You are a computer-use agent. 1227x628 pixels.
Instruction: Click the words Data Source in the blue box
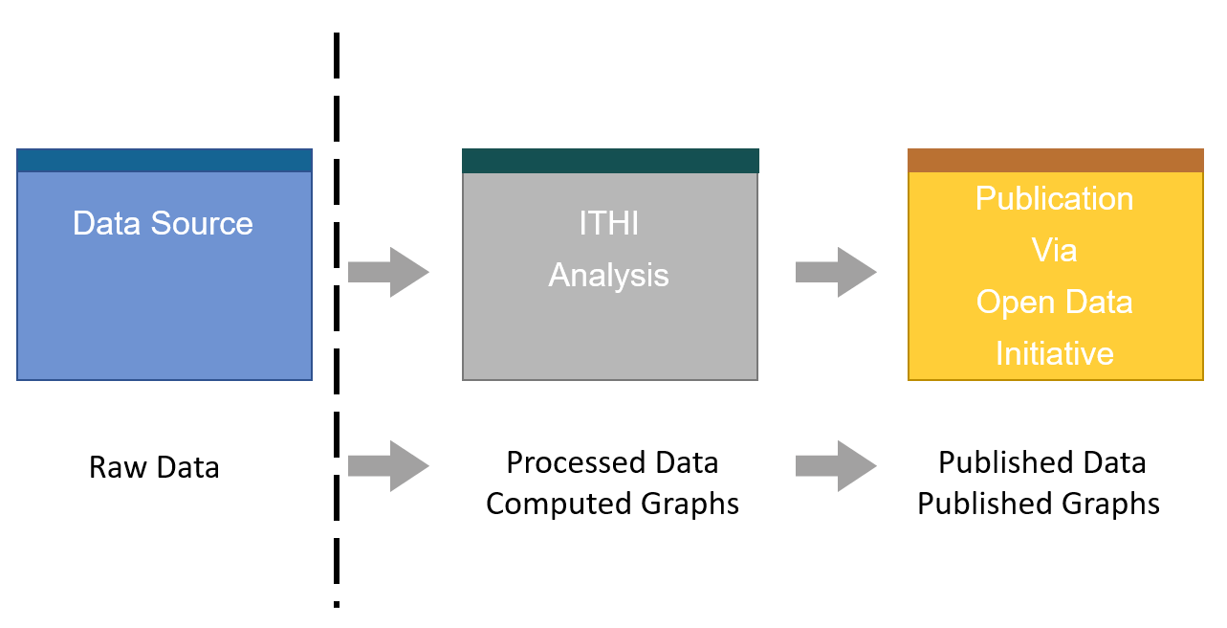(163, 224)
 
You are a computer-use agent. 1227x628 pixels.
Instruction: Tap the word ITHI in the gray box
(609, 224)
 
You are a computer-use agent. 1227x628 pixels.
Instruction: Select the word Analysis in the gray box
(609, 276)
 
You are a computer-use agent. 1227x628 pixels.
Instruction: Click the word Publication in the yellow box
(1054, 199)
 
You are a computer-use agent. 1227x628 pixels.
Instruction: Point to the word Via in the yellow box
(1054, 251)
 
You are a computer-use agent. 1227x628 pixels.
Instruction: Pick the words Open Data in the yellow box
(1054, 303)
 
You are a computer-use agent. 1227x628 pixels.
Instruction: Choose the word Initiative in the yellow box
(1054, 354)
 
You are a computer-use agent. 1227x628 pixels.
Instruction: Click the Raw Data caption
(154, 468)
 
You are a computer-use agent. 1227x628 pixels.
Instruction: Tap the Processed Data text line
(612, 462)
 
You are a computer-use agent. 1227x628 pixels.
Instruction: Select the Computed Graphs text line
(612, 504)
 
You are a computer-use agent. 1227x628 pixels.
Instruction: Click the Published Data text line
(1041, 462)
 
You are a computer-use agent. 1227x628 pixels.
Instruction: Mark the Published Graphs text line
(1039, 504)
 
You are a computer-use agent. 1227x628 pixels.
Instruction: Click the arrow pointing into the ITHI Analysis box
(388, 273)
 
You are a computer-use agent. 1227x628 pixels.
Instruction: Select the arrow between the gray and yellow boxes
(835, 273)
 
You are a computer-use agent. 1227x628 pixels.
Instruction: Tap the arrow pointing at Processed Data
(388, 466)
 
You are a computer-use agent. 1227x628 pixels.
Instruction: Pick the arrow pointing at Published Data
(835, 466)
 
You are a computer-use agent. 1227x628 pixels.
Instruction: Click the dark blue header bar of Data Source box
(164, 160)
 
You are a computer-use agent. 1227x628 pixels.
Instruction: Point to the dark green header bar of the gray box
(610, 161)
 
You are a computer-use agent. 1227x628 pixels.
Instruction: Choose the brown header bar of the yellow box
(1055, 160)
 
